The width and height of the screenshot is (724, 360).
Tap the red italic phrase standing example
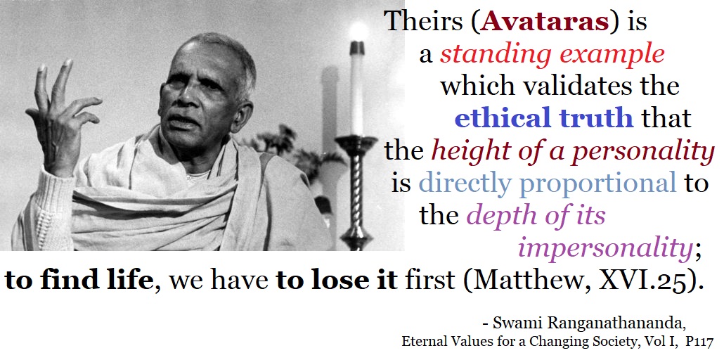point(552,55)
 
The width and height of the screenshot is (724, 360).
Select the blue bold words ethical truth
point(543,118)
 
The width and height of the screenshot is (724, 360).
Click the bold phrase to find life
point(79,281)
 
